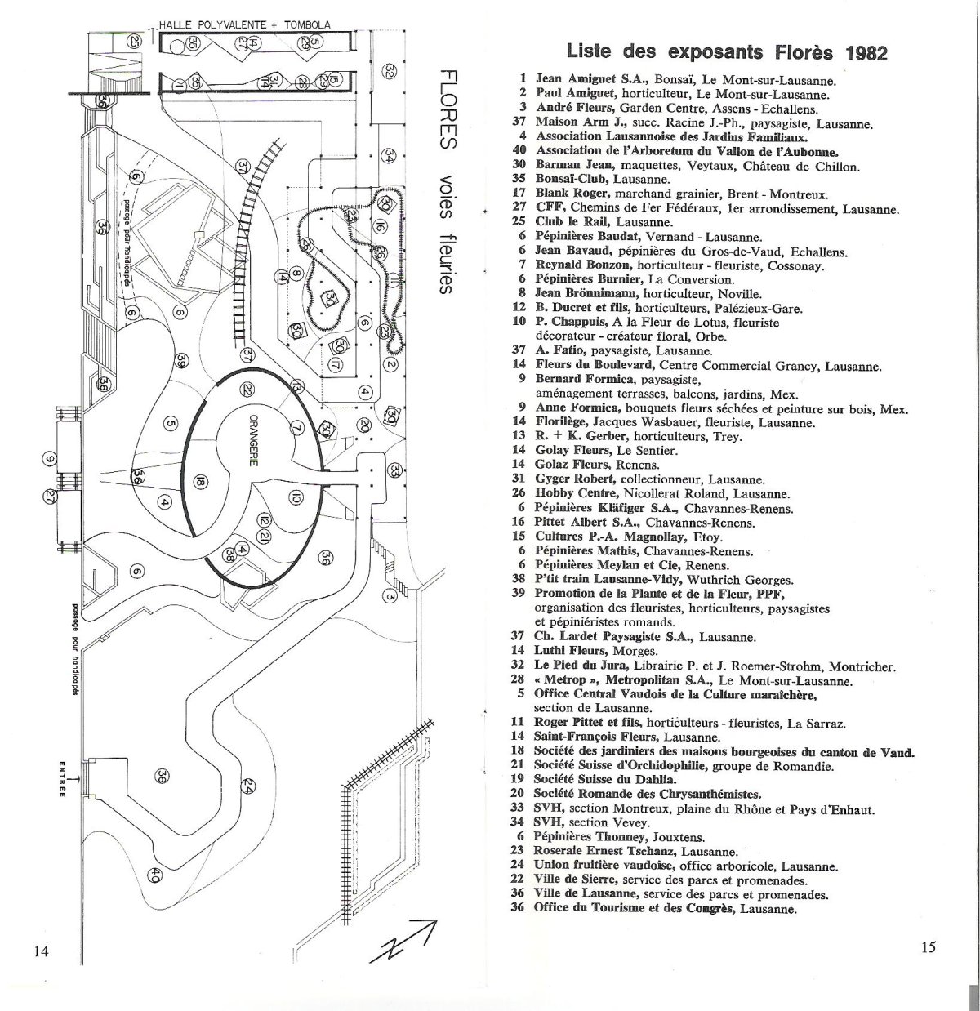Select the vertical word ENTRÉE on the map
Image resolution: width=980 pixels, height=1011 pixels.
coord(62,782)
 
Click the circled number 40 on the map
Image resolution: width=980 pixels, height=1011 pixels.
coord(155,876)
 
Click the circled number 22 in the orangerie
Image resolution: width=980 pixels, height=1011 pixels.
coord(247,391)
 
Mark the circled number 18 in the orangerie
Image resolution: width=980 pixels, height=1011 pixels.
coord(200,482)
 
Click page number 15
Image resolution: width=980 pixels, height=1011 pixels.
coord(928,947)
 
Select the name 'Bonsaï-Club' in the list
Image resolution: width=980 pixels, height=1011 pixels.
coord(572,179)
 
